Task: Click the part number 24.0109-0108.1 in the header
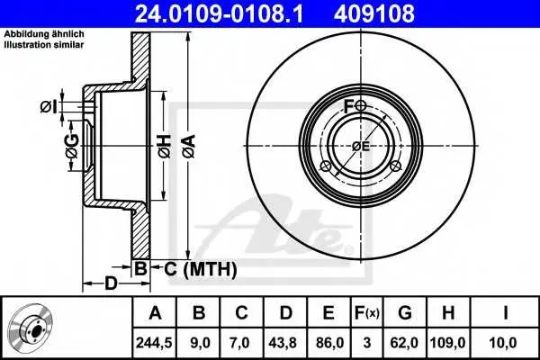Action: (219, 13)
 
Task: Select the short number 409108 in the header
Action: (374, 13)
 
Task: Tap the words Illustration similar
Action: (44, 45)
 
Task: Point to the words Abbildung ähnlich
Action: (44, 34)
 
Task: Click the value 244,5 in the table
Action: (154, 343)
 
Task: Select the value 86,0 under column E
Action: (328, 343)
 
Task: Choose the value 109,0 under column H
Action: (447, 343)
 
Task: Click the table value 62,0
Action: (404, 343)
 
